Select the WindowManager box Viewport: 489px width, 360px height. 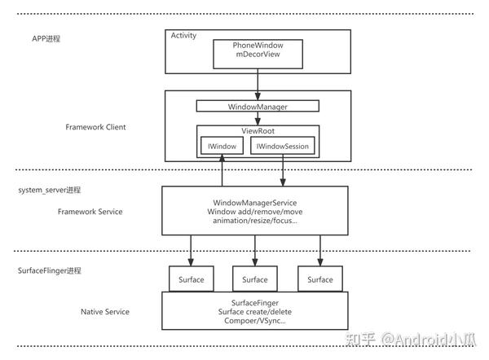tap(258, 106)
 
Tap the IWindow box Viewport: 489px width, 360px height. tap(220, 147)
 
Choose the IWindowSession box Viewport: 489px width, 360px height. tap(283, 147)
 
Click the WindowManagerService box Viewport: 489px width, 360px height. tap(254, 211)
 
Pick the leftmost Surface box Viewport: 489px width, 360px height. tap(192, 279)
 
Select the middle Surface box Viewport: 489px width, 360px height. tap(255, 279)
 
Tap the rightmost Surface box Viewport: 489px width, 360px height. tap(320, 279)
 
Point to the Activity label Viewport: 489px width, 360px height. tap(184, 35)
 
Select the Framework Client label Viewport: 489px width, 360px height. tap(97, 127)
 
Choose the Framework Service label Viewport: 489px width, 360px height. tap(91, 211)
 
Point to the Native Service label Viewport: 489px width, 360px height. tap(105, 311)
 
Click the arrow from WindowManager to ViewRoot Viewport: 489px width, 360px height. tap(258, 118)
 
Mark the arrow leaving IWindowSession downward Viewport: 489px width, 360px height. tap(283, 171)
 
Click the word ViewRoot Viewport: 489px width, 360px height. tap(258, 130)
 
